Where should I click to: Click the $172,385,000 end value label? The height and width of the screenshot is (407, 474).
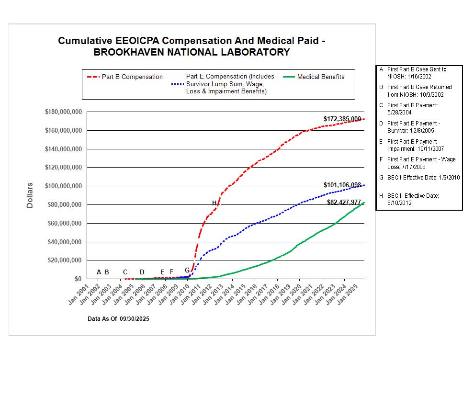(x=342, y=119)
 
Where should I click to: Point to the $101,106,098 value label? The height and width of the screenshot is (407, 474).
(x=342, y=185)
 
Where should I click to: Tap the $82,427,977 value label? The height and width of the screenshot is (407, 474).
(x=344, y=203)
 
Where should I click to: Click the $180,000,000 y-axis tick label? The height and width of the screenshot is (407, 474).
(x=64, y=112)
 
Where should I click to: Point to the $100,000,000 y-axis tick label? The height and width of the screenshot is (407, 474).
(x=64, y=186)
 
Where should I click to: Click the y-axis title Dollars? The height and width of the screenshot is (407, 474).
(x=30, y=195)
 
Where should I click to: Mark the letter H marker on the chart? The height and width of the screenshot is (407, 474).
(x=214, y=203)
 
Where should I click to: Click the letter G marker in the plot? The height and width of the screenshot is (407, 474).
(x=187, y=270)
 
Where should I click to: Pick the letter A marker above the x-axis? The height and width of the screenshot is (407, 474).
(x=99, y=272)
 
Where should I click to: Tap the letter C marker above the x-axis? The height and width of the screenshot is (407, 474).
(x=125, y=272)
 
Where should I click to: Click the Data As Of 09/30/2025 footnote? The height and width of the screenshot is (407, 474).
(x=118, y=318)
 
